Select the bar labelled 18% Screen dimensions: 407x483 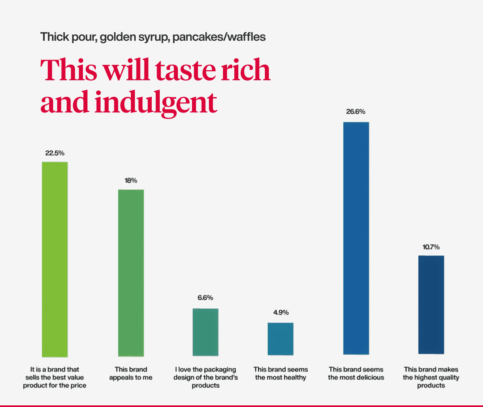click(131, 273)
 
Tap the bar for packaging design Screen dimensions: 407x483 click(206, 332)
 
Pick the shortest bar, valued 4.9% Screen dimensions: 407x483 click(281, 339)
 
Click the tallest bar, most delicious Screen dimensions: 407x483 click(356, 238)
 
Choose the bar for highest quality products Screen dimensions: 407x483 click(431, 305)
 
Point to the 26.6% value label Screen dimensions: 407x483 click(356, 112)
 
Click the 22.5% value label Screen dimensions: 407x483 click(55, 153)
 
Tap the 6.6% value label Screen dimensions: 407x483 click(205, 298)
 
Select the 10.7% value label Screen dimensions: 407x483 click(431, 247)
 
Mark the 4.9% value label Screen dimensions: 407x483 click(281, 312)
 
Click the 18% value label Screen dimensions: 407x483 click(131, 181)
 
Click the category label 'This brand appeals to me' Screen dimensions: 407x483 click(131, 374)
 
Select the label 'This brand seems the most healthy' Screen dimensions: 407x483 click(281, 374)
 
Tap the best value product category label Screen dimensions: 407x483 click(55, 377)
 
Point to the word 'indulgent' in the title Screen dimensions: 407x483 click(157, 102)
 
